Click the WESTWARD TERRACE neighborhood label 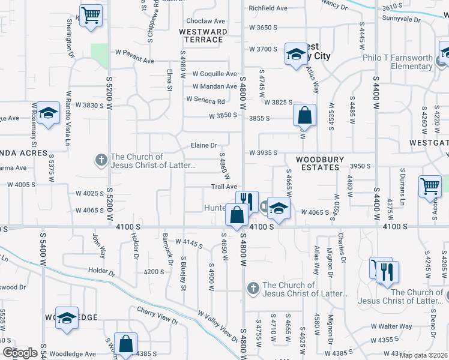point(203,35)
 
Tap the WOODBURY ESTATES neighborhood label point(319,163)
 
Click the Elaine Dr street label point(203,145)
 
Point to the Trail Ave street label point(223,187)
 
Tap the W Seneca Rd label point(205,100)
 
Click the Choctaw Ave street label point(205,20)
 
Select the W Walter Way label point(391,326)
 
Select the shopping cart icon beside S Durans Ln point(430,187)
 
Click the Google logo point(20,353)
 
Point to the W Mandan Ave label point(211,86)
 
